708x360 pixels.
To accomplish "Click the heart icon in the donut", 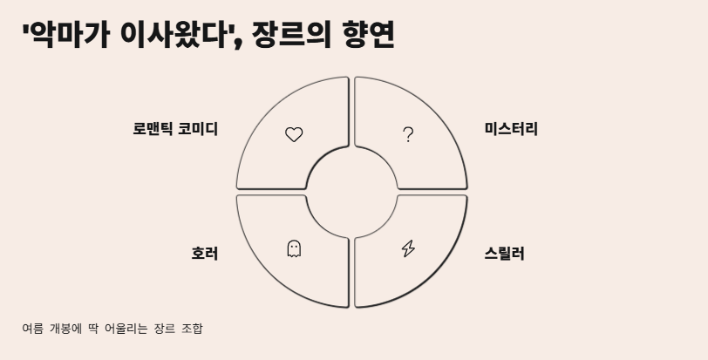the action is (294, 134).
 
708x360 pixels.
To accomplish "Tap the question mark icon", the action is (408, 134).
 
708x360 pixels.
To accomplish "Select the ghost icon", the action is (294, 249).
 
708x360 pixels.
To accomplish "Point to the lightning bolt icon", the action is (408, 249).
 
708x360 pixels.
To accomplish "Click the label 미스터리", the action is (511, 129).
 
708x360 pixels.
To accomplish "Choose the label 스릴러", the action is (504, 254).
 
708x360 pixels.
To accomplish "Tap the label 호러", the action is (204, 254).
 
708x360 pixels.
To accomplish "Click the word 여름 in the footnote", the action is (32, 329).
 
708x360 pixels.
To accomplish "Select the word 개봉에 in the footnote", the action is (65, 329).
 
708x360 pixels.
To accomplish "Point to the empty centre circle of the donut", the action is (351, 192).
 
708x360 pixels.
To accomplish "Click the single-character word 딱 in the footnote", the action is (92, 329).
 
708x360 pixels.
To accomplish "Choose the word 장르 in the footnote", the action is (163, 329).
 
